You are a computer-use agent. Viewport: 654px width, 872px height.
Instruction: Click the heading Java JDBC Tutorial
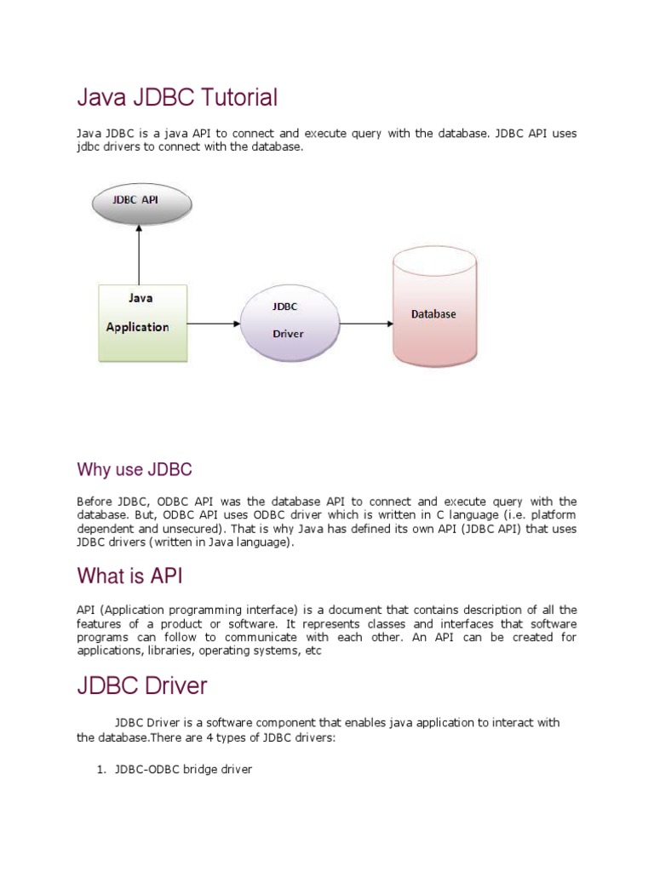177,98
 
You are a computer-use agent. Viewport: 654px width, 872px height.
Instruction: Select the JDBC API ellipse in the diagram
141,204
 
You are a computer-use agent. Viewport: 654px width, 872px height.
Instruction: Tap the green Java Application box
141,322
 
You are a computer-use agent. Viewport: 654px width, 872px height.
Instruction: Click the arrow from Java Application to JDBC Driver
213,324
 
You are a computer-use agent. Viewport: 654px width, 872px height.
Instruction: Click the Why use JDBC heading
135,469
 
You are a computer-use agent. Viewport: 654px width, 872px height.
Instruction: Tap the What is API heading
129,577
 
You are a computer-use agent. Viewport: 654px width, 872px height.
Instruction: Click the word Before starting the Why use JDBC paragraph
95,502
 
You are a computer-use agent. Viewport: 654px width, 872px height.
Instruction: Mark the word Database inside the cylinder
433,314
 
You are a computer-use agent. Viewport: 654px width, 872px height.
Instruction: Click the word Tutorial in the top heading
239,98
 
